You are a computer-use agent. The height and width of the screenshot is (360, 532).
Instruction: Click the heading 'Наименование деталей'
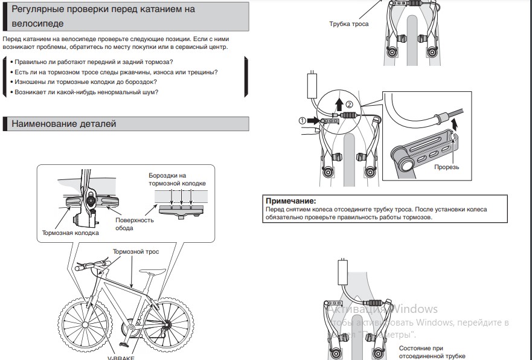pos(63,124)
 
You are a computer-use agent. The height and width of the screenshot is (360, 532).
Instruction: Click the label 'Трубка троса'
pos(348,24)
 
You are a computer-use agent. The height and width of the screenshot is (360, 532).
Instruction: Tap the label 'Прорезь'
pos(447,167)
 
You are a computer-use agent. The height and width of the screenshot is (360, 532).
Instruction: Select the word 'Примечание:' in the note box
pos(291,201)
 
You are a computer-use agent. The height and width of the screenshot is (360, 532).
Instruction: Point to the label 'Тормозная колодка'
pos(70,233)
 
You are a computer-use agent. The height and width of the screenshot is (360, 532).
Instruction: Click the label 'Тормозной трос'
pos(136,251)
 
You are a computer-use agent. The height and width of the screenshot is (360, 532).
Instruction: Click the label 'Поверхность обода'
pos(134,224)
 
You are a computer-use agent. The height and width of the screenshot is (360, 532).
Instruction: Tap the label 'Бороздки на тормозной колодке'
pos(178,179)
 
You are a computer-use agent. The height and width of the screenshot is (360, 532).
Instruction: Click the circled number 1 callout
pos(303,120)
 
